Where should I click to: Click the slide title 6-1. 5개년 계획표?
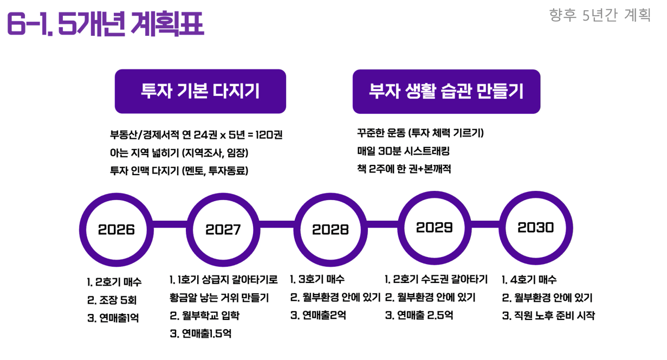click(106, 23)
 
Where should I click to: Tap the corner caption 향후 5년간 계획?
click(600, 15)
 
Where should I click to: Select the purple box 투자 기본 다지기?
click(200, 91)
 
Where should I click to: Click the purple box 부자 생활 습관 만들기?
click(446, 92)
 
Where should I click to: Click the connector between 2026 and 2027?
click(170, 224)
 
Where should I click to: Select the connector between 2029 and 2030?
click(485, 224)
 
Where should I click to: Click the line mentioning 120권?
click(196, 135)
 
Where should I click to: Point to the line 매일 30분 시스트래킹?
click(404, 151)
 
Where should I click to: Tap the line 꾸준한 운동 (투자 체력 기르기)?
click(420, 133)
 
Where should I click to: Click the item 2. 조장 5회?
click(112, 300)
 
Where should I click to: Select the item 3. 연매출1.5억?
click(200, 333)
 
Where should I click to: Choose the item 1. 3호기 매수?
click(318, 279)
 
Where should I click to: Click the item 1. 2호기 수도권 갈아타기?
click(436, 279)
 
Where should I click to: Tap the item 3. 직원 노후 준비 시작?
click(548, 316)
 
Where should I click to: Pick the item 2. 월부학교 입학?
click(205, 316)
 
